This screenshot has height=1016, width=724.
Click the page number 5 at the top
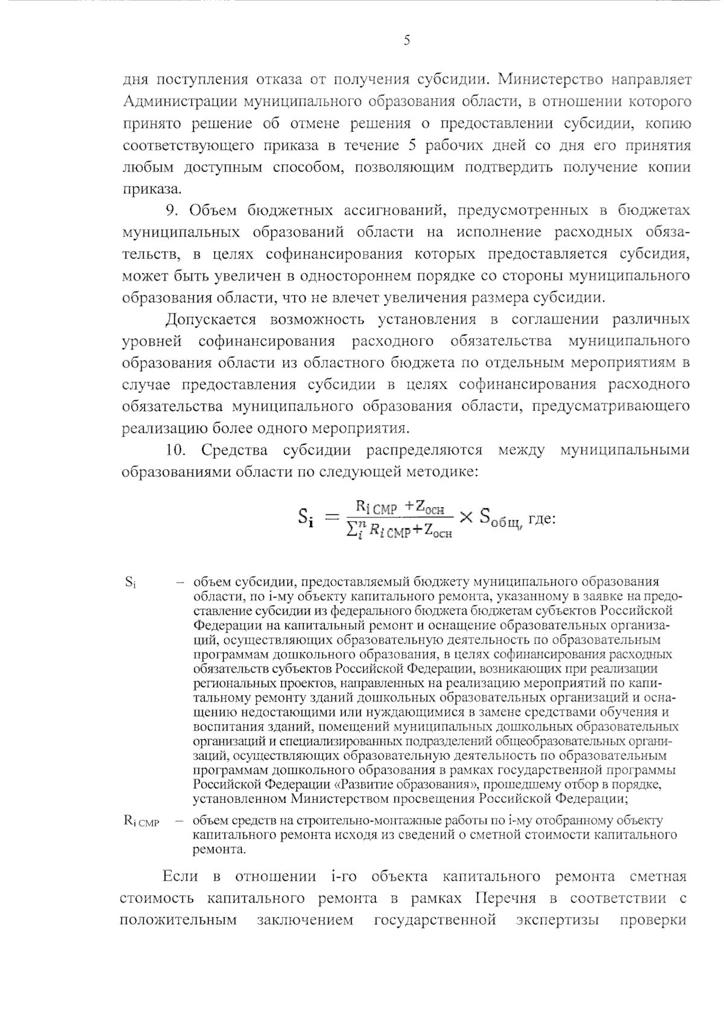pos(407,40)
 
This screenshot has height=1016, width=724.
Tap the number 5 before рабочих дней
pos(413,145)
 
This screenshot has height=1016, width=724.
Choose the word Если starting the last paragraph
pos(180,877)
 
